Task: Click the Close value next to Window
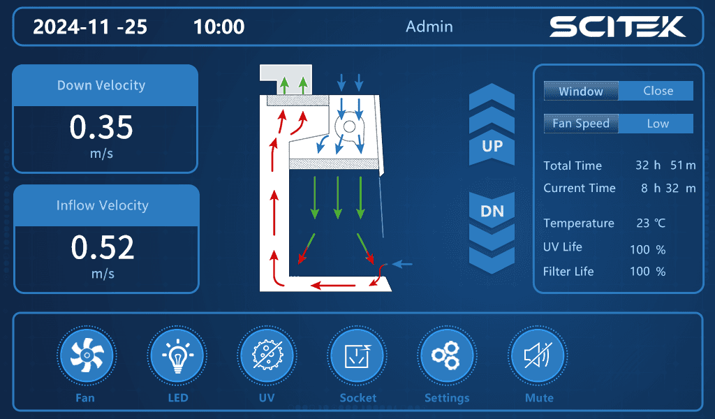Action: pos(658,91)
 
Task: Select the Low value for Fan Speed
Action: pos(658,124)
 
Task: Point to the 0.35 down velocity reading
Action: pos(101,127)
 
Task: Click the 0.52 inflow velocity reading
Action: pos(103,247)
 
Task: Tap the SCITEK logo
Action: pos(617,27)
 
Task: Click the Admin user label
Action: pos(429,27)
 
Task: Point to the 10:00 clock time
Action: pos(219,27)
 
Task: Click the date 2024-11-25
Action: pos(90,27)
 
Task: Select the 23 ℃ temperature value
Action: pos(651,223)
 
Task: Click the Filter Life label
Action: pos(568,271)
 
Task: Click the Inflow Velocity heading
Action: pos(103,205)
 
